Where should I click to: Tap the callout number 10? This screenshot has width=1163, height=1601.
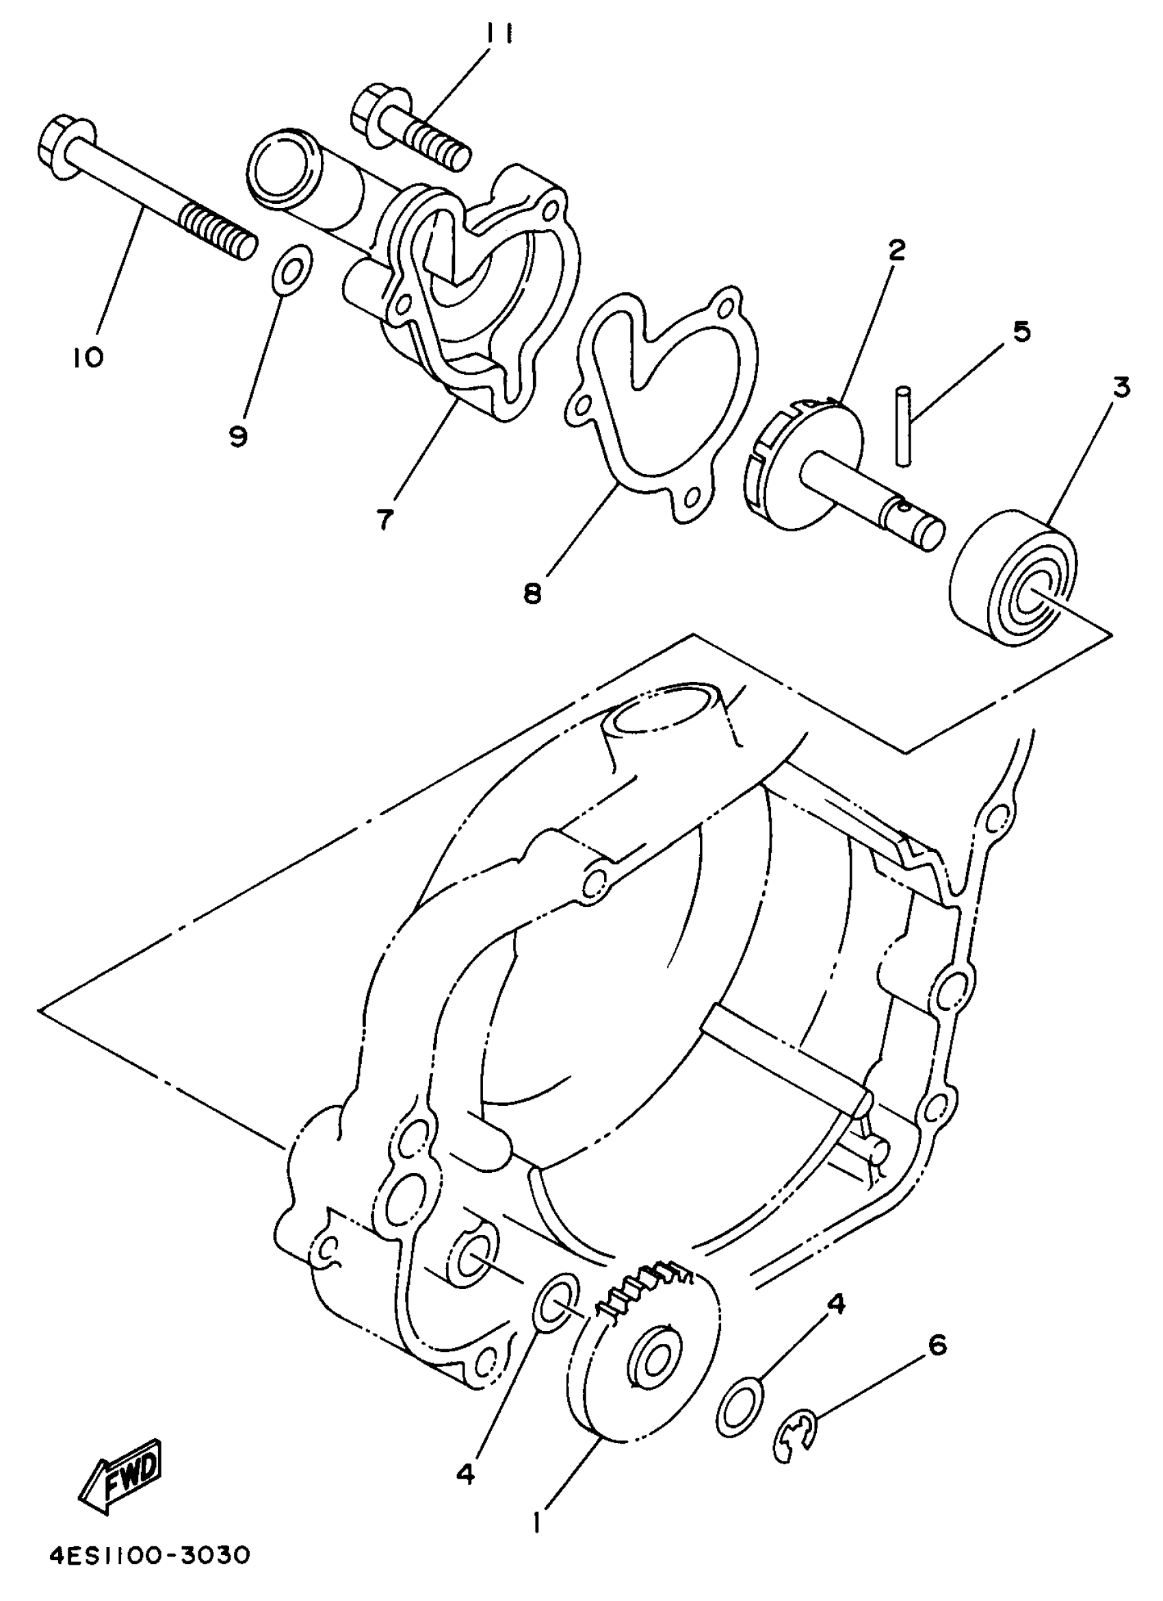(87, 357)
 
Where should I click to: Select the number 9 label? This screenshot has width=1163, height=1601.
(238, 437)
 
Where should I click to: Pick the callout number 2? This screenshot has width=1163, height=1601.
(896, 250)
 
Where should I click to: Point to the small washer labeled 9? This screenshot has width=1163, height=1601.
(289, 267)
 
